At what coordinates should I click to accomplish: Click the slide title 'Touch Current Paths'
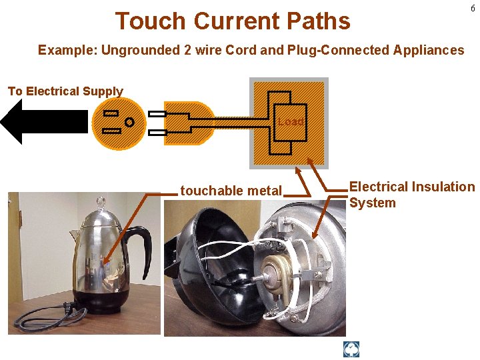233,21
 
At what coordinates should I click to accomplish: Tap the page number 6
473,9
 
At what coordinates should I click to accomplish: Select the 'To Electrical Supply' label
65,91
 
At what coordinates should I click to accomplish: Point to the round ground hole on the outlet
129,123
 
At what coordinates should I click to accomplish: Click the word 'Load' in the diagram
291,122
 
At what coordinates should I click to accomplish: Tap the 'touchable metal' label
231,191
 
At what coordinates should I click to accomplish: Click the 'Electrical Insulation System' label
411,195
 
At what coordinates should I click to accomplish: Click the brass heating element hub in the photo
274,273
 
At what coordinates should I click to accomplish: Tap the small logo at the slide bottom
351,349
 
